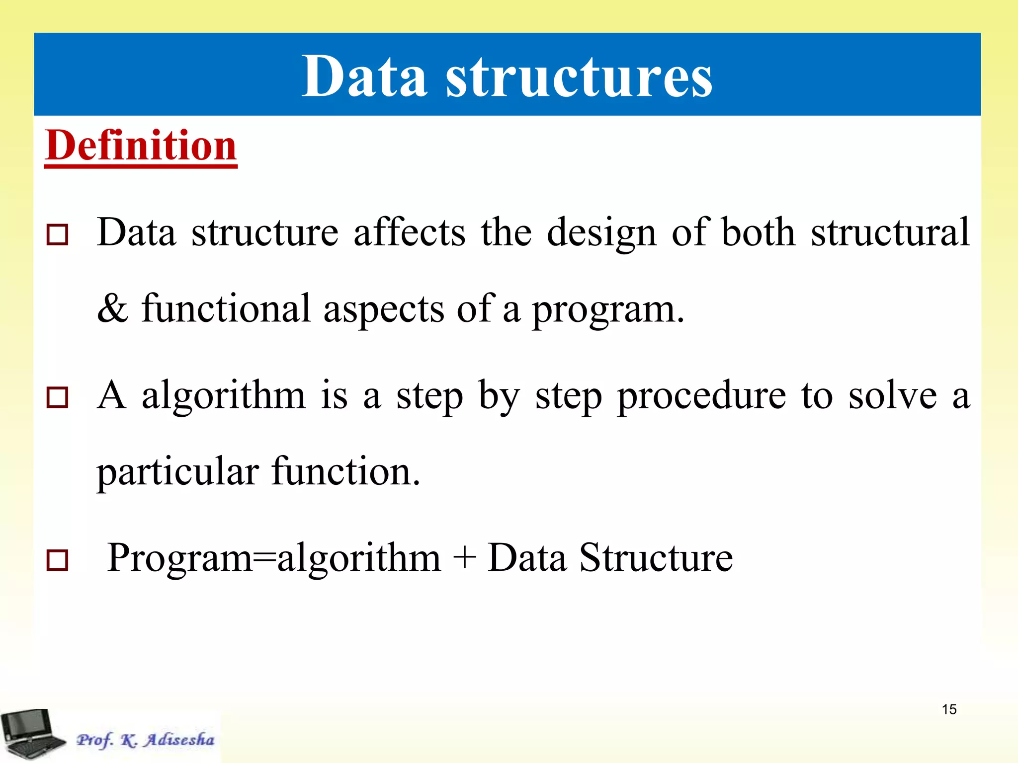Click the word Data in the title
[364, 77]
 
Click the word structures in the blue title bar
[579, 77]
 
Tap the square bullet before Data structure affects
[57, 234]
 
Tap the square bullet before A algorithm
[57, 397]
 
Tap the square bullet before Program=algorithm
[57, 560]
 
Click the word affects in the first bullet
[409, 232]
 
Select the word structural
[890, 232]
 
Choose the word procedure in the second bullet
[701, 396]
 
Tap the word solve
[892, 396]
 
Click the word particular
[177, 472]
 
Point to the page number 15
[949, 709]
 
